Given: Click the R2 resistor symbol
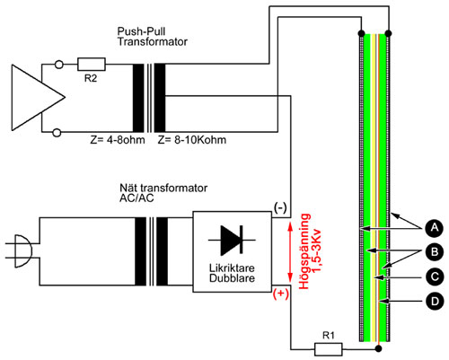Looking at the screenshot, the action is pyautogui.click(x=92, y=65).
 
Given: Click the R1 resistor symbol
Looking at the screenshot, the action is pyautogui.click(x=329, y=349).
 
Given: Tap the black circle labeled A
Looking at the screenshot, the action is pyautogui.click(x=434, y=228).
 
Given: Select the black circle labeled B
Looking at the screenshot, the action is pyautogui.click(x=434, y=252).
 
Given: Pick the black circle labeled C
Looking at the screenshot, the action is pyautogui.click(x=434, y=277).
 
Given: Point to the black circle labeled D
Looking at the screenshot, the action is pyautogui.click(x=434, y=301).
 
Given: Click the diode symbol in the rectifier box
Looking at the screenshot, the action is pyautogui.click(x=232, y=240).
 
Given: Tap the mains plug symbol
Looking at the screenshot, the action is pyautogui.click(x=21, y=251).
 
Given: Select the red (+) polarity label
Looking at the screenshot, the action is pyautogui.click(x=281, y=294).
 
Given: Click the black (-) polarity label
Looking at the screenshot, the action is pyautogui.click(x=280, y=207).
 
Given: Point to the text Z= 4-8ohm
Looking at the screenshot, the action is pyautogui.click(x=118, y=140).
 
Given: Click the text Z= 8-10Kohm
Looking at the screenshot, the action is pyautogui.click(x=192, y=140).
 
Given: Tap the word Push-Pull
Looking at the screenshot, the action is pyautogui.click(x=141, y=31).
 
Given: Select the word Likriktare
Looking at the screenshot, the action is pyautogui.click(x=232, y=268).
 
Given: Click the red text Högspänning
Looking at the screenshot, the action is pyautogui.click(x=304, y=251).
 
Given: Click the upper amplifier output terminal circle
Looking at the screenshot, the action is pyautogui.click(x=59, y=65).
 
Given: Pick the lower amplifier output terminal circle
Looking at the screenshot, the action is pyautogui.click(x=57, y=133).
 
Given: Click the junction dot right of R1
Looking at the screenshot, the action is pyautogui.click(x=379, y=348).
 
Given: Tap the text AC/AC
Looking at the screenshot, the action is pyautogui.click(x=136, y=198).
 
